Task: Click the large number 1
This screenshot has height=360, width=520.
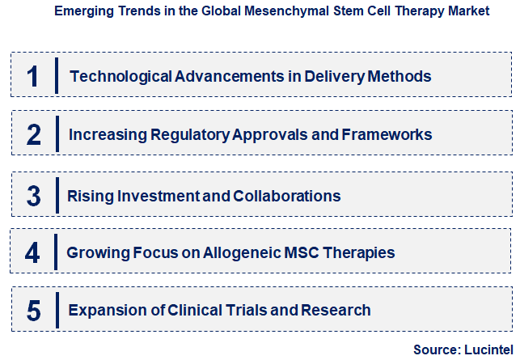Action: (33, 77)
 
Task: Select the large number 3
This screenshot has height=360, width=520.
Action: (33, 196)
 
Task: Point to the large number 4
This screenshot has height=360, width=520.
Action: (32, 253)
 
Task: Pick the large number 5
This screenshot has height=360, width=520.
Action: (33, 311)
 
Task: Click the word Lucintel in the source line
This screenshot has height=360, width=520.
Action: (486, 349)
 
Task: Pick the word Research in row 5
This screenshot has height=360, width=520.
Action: (337, 311)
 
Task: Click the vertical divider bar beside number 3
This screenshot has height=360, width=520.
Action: (57, 196)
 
